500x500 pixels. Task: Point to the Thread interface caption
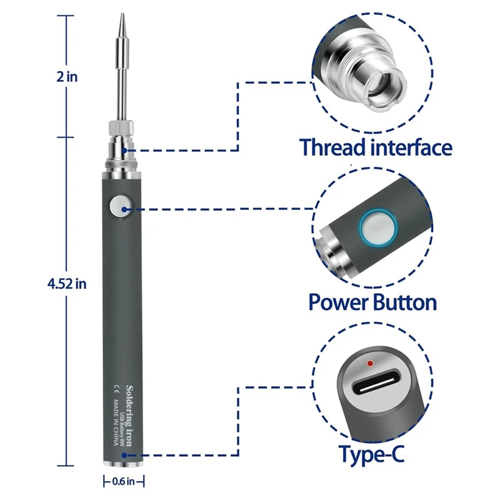(376, 148)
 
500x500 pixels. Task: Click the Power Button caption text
(372, 302)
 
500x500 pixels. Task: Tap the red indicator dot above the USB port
(371, 362)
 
